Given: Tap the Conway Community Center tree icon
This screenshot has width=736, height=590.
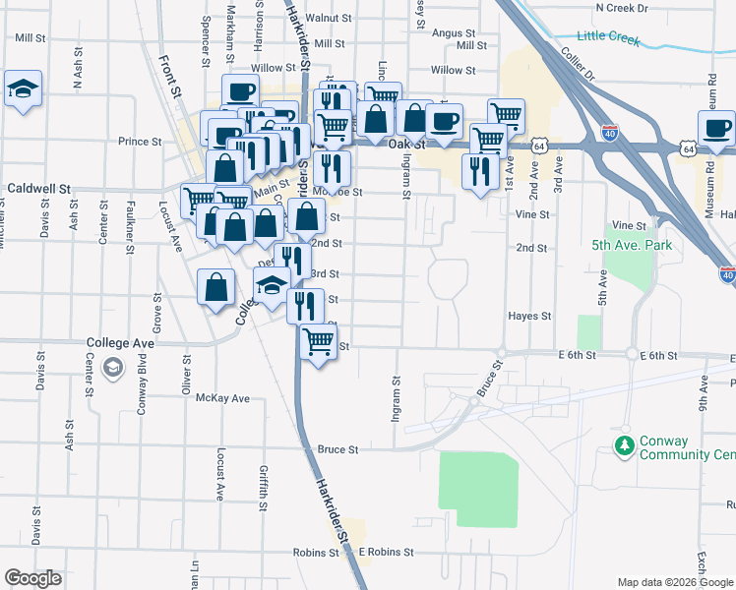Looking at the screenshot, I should pyautogui.click(x=623, y=446).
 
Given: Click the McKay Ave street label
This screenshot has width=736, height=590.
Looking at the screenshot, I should pyautogui.click(x=222, y=398).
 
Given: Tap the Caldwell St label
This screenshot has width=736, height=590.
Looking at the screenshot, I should pyautogui.click(x=39, y=187).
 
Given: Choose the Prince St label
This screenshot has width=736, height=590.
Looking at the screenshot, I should pyautogui.click(x=140, y=142).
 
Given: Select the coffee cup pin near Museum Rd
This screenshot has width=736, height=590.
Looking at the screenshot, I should pyautogui.click(x=715, y=128).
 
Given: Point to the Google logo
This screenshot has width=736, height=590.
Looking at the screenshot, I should pyautogui.click(x=32, y=577).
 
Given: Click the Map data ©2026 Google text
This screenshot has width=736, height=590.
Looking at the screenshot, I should pyautogui.click(x=674, y=582).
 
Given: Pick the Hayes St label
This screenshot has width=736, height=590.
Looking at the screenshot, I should pyautogui.click(x=529, y=317).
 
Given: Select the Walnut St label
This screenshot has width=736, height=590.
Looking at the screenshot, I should pyautogui.click(x=328, y=18).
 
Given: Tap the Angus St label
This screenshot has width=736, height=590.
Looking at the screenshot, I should pyautogui.click(x=454, y=32).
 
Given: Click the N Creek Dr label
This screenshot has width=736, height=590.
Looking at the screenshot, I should pyautogui.click(x=622, y=7).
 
